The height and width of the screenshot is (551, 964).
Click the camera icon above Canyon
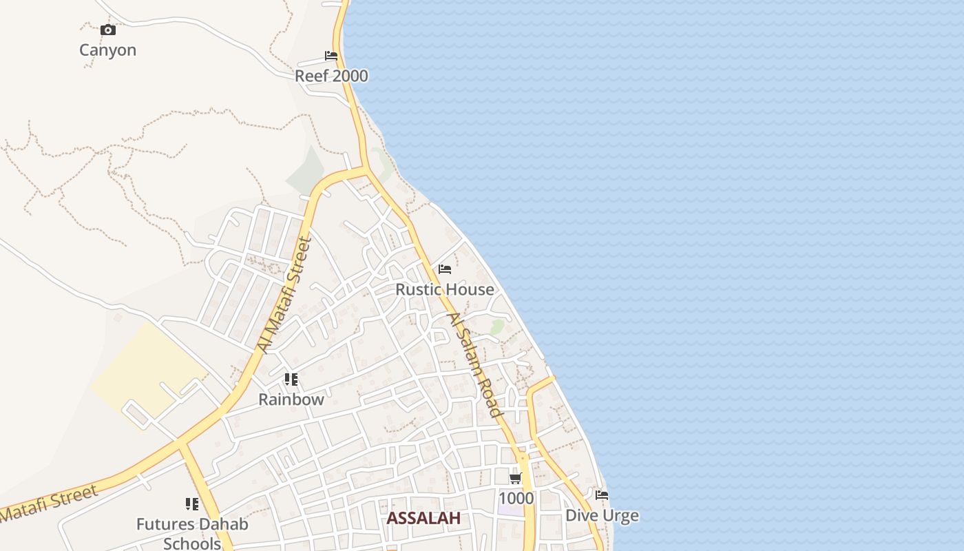[108, 30]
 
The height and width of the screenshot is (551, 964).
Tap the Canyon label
[108, 50]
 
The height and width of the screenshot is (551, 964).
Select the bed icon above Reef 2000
[331, 56]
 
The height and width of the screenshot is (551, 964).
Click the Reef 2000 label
[331, 76]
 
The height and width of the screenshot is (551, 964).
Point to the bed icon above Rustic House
[445, 269]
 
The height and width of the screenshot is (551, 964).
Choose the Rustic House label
[445, 289]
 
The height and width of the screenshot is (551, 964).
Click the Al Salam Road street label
[474, 364]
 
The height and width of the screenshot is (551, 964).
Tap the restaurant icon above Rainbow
[291, 380]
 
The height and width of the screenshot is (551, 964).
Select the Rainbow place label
[291, 399]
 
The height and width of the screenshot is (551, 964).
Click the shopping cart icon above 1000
[515, 478]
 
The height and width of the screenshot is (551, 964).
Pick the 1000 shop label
[516, 498]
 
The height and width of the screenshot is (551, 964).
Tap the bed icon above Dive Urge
[602, 495]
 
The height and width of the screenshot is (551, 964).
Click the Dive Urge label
[602, 515]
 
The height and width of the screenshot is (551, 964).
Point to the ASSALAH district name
[423, 519]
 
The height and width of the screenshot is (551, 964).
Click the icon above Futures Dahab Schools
[192, 504]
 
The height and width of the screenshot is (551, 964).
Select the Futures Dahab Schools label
[192, 533]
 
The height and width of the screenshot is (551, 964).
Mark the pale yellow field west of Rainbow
[148, 368]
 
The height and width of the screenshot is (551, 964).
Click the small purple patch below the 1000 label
[511, 510]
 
